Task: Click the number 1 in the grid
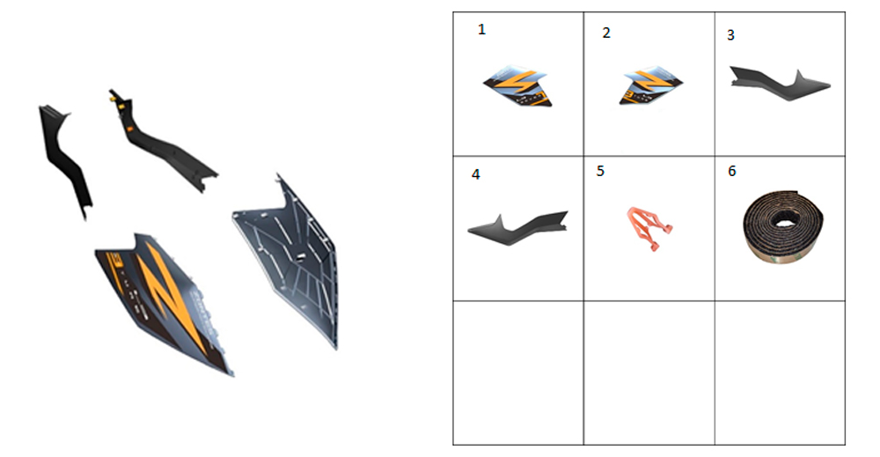[481, 30]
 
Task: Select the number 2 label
[606, 33]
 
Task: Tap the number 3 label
[730, 35]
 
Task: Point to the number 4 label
[475, 174]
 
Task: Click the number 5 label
[600, 171]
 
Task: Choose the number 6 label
[732, 171]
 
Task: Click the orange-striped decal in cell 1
[518, 87]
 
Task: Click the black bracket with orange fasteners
[163, 144]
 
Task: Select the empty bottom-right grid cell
[780, 372]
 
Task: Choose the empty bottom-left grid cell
[518, 372]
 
